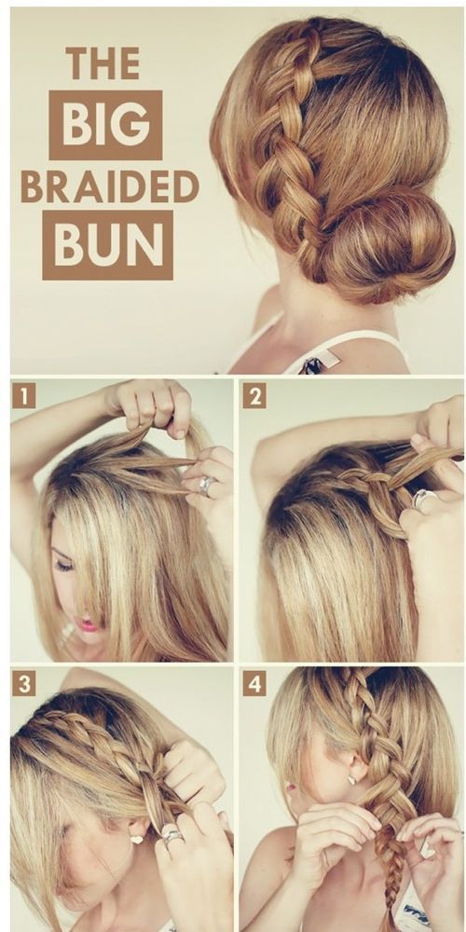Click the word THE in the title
coord(103,63)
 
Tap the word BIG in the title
coord(105,125)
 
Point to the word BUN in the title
coord(107,245)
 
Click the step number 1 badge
coord(24,395)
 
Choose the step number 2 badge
coord(254,396)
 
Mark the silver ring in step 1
coord(207,486)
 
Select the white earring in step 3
coord(137,840)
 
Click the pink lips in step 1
coord(89,624)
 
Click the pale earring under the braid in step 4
coord(351,779)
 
